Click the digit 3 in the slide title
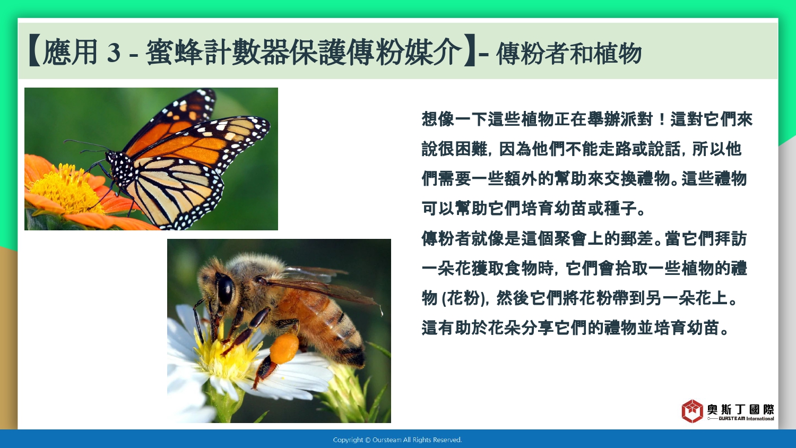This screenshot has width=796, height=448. click(114, 53)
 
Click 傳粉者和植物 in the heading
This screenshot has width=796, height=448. click(568, 54)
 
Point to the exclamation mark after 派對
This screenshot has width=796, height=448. click(661, 119)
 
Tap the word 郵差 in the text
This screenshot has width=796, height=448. click(637, 238)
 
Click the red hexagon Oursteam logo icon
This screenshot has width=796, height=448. click(692, 411)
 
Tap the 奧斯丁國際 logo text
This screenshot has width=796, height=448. click(741, 409)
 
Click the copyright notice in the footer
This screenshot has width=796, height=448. click(397, 440)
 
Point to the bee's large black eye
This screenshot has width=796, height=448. click(225, 289)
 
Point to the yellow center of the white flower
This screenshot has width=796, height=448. click(228, 356)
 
